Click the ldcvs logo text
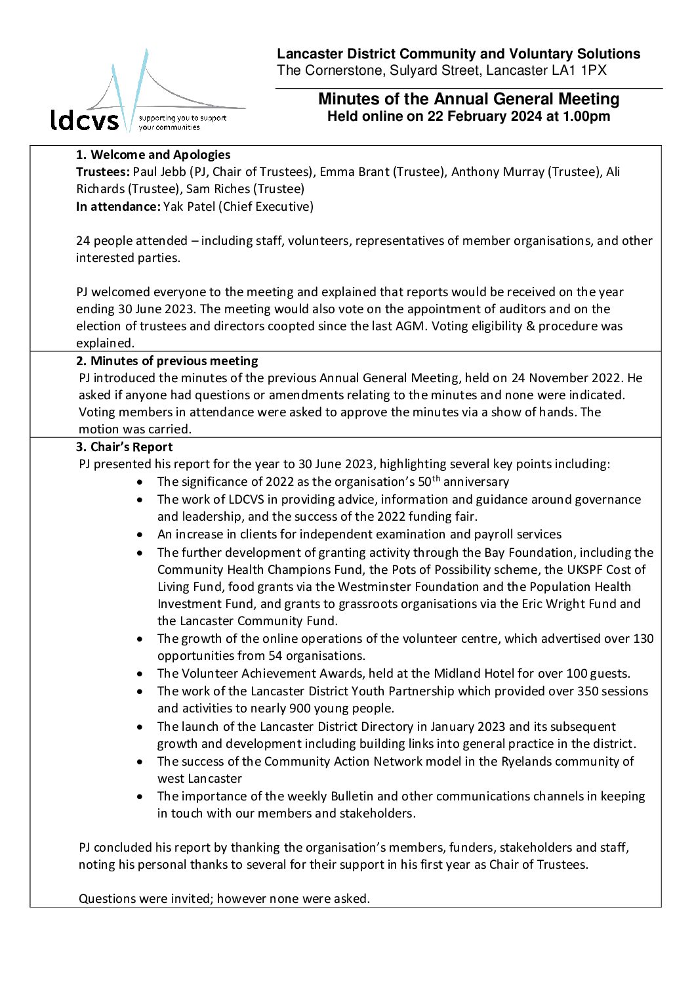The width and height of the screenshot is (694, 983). click(85, 120)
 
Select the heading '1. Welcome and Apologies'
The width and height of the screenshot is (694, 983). click(153, 155)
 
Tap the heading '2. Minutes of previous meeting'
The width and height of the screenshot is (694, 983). click(167, 360)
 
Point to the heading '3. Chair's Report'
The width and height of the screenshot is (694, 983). click(124, 447)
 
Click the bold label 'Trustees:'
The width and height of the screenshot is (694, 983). click(103, 172)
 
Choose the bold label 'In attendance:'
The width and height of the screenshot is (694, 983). click(118, 207)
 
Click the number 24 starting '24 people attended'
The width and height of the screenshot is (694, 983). click(83, 241)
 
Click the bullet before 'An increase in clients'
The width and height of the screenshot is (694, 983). click(140, 535)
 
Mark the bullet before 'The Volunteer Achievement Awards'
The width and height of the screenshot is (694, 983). click(140, 674)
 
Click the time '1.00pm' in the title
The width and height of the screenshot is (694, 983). click(586, 117)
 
